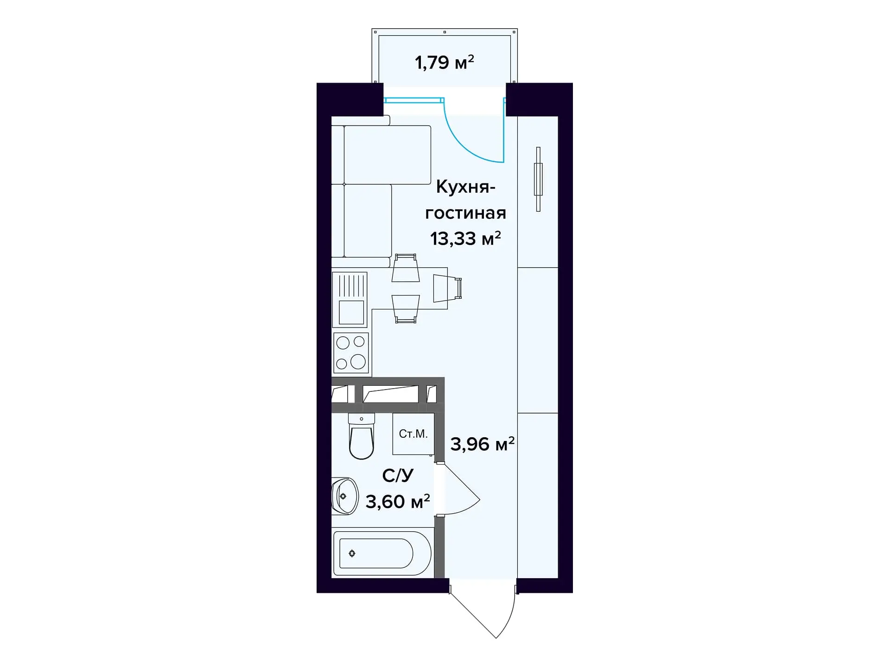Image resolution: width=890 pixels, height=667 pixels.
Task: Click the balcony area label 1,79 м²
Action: click(x=444, y=62)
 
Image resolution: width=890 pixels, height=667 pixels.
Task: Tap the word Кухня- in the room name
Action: click(x=465, y=187)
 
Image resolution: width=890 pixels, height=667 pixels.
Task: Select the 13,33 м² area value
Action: click(x=465, y=239)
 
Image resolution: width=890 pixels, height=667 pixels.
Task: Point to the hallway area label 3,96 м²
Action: click(x=482, y=444)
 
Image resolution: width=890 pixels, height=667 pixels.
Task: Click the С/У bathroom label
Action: click(x=398, y=476)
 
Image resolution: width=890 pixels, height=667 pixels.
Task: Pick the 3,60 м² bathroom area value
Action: click(x=398, y=502)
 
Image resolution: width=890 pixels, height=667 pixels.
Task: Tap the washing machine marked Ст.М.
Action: click(x=413, y=434)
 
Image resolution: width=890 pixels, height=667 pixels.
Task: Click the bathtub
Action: click(x=382, y=553)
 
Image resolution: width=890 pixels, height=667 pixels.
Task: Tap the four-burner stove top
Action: click(x=351, y=353)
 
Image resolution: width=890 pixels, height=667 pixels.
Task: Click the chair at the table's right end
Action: click(x=447, y=288)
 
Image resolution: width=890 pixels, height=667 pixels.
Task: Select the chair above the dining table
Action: click(x=405, y=268)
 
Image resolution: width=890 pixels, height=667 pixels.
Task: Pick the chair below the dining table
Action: click(x=405, y=308)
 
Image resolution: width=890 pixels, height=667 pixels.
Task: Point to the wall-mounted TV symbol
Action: click(x=538, y=179)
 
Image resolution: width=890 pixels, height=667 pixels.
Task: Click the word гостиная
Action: click(x=465, y=213)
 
